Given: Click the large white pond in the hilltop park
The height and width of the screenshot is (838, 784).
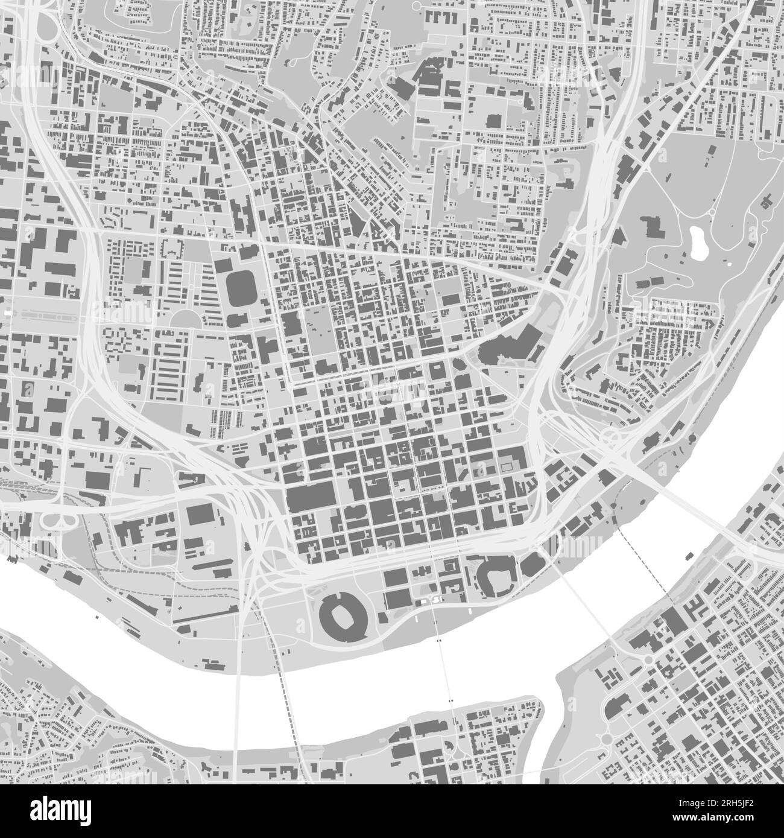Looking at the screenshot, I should (699, 241).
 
